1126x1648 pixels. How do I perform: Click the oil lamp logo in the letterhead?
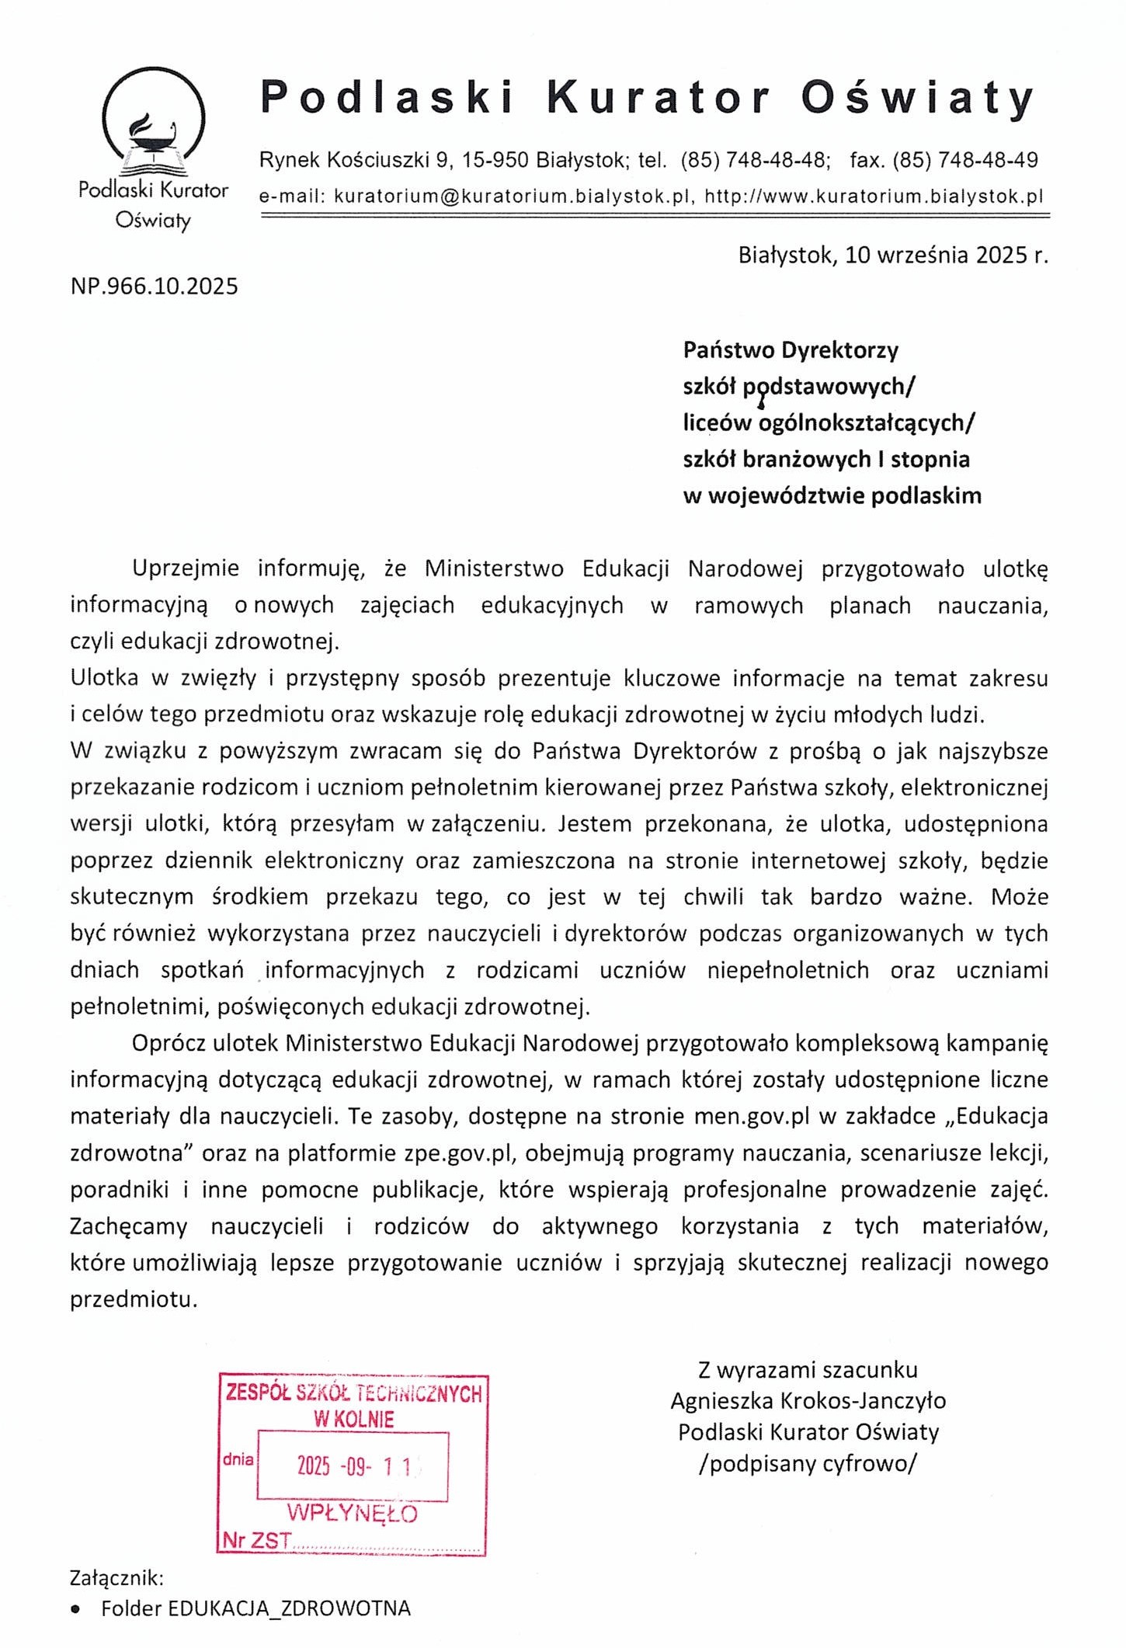[154, 124]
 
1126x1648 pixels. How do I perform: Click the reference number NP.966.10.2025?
[154, 287]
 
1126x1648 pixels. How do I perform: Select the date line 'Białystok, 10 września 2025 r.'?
[892, 255]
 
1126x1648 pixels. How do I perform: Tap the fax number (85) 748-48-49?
[965, 161]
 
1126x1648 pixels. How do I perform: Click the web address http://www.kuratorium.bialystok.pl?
[874, 196]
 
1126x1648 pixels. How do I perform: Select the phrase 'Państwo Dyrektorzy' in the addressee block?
[791, 350]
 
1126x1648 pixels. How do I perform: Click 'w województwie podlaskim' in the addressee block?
[832, 495]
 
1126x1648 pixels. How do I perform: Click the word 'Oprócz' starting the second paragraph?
[170, 1043]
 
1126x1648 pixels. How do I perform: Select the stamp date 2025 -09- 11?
[354, 1466]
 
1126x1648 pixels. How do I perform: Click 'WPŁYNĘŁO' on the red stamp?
[352, 1513]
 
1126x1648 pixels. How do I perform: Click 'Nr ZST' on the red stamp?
[256, 1541]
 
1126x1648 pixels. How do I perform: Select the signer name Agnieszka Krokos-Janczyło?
[808, 1401]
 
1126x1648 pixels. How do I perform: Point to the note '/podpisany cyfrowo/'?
[808, 1464]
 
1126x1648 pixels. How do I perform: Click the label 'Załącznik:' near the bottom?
[116, 1578]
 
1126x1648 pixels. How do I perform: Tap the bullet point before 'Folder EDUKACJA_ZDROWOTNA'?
[75, 1609]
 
